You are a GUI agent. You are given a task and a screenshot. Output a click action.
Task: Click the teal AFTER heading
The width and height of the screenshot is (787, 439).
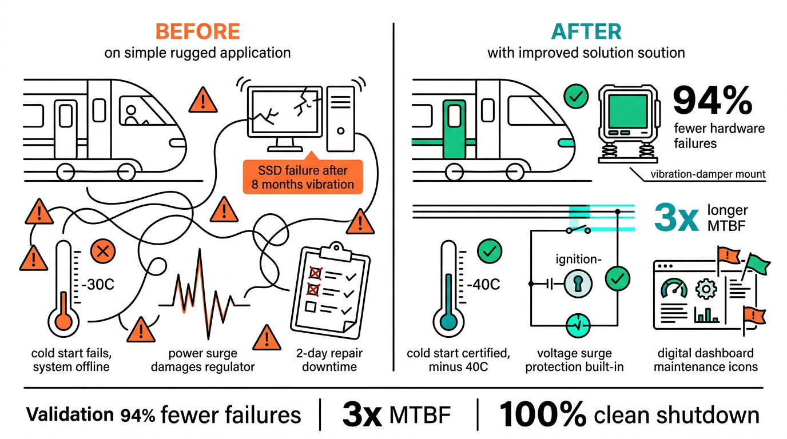[x=586, y=31]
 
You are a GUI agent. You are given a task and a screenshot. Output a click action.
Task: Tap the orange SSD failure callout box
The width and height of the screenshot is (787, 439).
[x=303, y=177]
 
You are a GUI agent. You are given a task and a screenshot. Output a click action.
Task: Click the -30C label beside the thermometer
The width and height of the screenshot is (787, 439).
[x=98, y=284]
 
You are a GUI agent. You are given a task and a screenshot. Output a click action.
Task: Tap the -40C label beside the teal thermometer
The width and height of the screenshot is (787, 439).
[x=484, y=284]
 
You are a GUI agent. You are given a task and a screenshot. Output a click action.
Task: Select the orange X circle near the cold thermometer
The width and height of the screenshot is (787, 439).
[x=103, y=251]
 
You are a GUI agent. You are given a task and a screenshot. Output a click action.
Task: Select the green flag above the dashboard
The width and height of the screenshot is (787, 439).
[x=757, y=264]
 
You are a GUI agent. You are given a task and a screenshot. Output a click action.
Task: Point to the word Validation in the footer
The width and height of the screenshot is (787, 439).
[x=70, y=415]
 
